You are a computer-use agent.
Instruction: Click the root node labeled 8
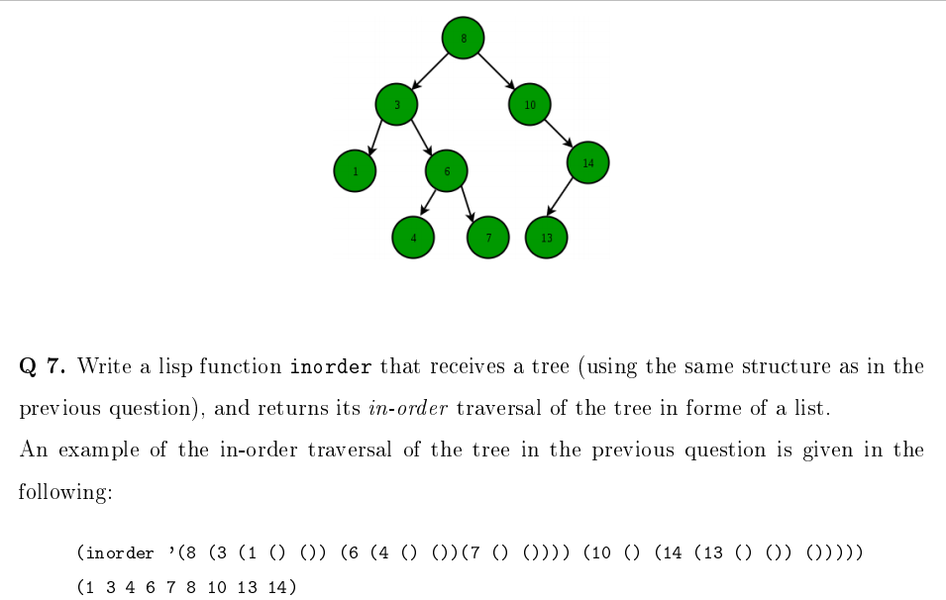click(x=463, y=39)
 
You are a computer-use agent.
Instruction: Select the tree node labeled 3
click(x=396, y=104)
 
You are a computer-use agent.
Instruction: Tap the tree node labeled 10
click(x=530, y=104)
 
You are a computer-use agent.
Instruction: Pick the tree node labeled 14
click(x=588, y=162)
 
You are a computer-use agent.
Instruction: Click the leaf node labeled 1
click(x=355, y=171)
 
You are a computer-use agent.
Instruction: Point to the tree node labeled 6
click(x=447, y=171)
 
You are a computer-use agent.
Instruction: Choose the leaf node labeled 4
click(x=414, y=237)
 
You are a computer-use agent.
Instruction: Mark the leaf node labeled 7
click(x=487, y=237)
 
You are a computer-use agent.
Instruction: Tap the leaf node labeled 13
click(x=547, y=237)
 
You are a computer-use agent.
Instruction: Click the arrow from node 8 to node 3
click(x=430, y=71)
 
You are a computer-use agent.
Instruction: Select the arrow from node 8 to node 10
click(x=496, y=71)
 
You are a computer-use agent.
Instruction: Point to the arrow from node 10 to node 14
click(x=560, y=134)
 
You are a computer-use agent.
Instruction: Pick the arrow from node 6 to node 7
click(x=468, y=204)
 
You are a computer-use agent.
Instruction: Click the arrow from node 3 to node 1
click(x=375, y=138)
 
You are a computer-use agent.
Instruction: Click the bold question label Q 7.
click(x=43, y=367)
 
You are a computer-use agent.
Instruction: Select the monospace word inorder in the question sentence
click(x=331, y=367)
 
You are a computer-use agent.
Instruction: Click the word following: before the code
click(x=64, y=492)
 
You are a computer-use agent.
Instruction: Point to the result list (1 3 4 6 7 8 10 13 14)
click(x=185, y=587)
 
